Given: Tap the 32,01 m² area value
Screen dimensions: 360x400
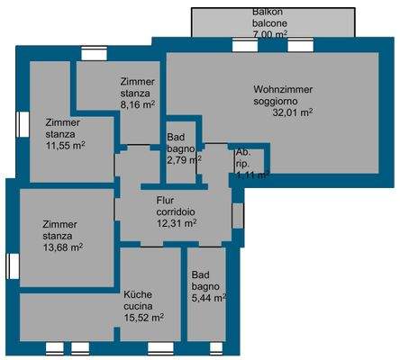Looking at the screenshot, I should tap(293, 113).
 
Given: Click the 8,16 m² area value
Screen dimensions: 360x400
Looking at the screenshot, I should tap(138, 103).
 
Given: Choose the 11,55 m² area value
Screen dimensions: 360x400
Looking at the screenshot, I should tap(65, 145).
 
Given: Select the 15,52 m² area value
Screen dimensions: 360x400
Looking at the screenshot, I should tap(143, 317).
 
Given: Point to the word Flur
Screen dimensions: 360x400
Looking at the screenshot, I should tap(165, 200).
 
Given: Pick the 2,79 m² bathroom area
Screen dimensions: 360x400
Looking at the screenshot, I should tap(183, 160).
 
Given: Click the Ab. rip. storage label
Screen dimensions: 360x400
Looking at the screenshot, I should tap(242, 159).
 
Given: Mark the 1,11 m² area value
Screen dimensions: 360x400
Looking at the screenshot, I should tap(250, 176).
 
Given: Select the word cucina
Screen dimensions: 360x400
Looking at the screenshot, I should tap(140, 305).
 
